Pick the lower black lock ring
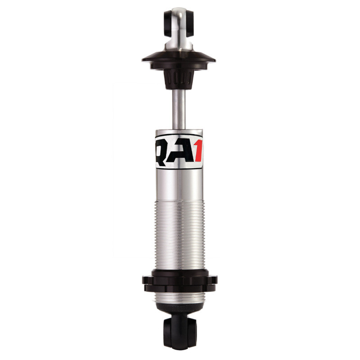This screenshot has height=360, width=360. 179,288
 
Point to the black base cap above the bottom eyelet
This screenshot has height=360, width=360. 179,314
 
